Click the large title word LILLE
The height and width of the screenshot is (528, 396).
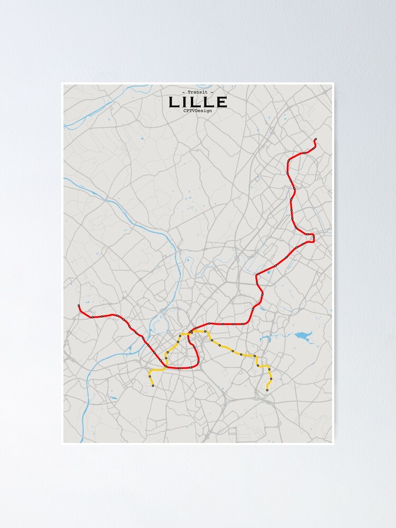point(197,102)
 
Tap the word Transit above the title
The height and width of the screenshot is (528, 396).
point(197,92)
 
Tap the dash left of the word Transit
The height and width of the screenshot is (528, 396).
point(183,92)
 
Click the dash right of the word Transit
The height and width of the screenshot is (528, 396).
point(212,92)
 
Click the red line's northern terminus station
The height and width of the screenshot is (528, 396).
point(315,139)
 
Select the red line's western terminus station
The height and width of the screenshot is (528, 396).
point(79,306)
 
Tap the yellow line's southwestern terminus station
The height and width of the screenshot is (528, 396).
point(153,386)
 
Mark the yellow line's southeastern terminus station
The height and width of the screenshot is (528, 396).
point(267,390)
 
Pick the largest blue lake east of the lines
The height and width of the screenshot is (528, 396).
point(303,335)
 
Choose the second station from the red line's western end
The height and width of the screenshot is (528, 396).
point(92,317)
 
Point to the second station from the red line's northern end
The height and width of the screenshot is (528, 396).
point(313,149)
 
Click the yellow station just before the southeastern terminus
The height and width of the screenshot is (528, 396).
point(271,379)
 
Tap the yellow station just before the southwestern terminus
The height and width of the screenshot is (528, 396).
point(150,376)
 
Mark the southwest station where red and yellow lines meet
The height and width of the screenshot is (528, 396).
point(166,366)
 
